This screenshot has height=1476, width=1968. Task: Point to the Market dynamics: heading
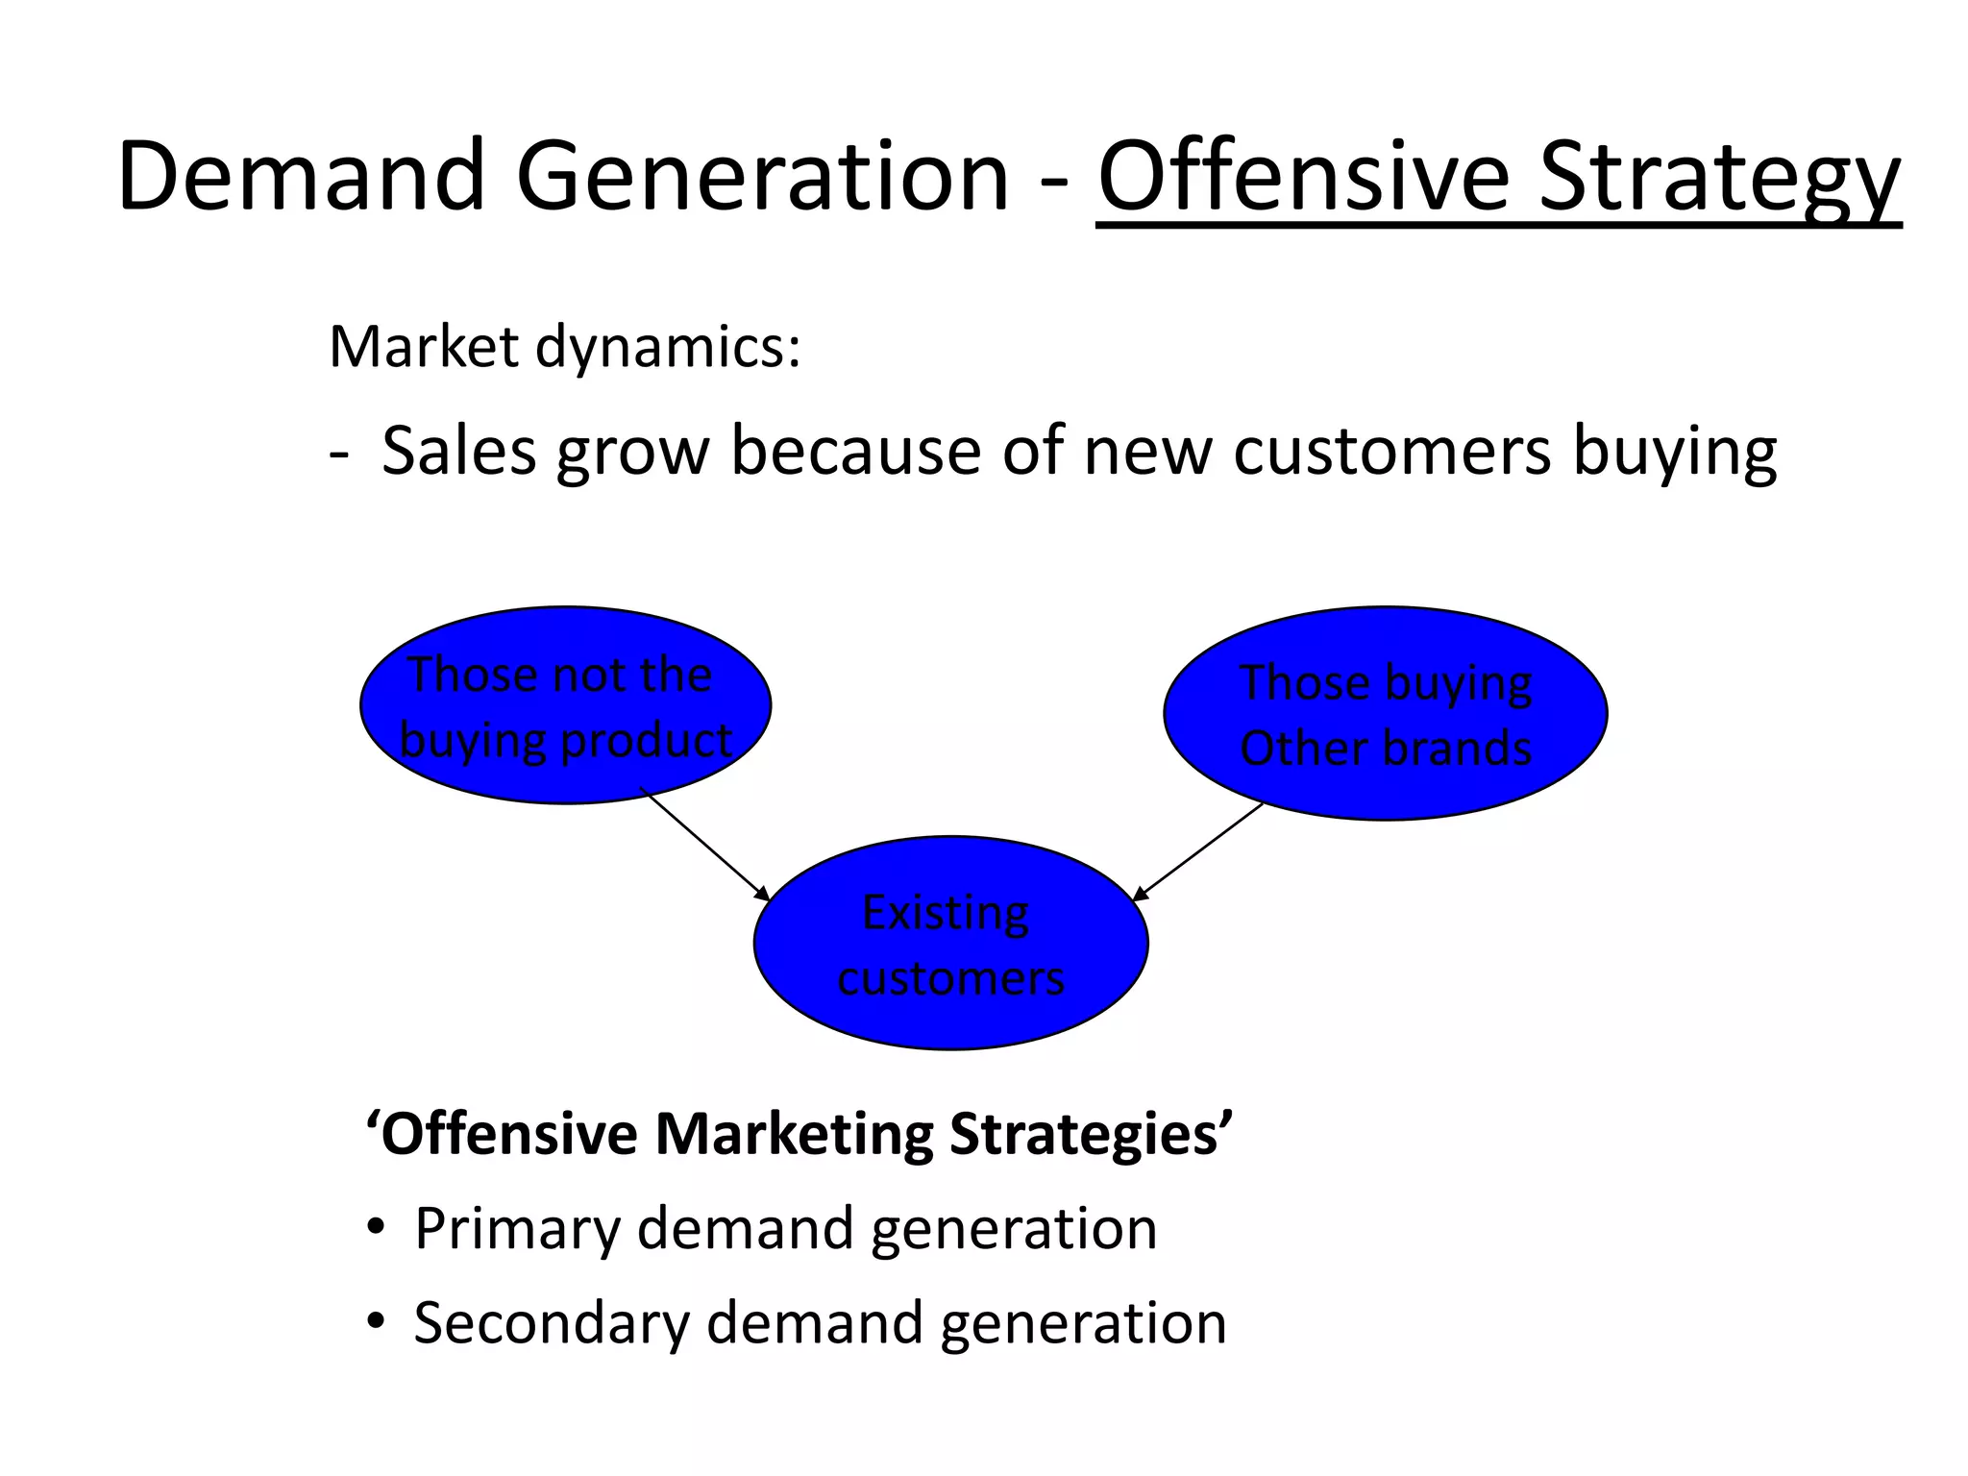[564, 347]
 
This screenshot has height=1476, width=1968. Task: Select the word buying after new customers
[1674, 452]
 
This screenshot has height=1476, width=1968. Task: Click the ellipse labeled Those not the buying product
[565, 705]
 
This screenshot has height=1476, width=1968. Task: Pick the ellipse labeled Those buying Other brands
[1385, 713]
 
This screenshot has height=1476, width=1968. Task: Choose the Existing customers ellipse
[950, 943]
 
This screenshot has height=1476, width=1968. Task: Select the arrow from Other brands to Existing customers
[1198, 851]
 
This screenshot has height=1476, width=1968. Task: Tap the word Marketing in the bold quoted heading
[794, 1135]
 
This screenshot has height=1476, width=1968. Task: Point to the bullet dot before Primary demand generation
[376, 1228]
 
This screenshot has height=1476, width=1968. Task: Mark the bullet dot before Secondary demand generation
[376, 1322]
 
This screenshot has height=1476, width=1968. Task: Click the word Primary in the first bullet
[517, 1229]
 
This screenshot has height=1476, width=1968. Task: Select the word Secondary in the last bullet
[552, 1323]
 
